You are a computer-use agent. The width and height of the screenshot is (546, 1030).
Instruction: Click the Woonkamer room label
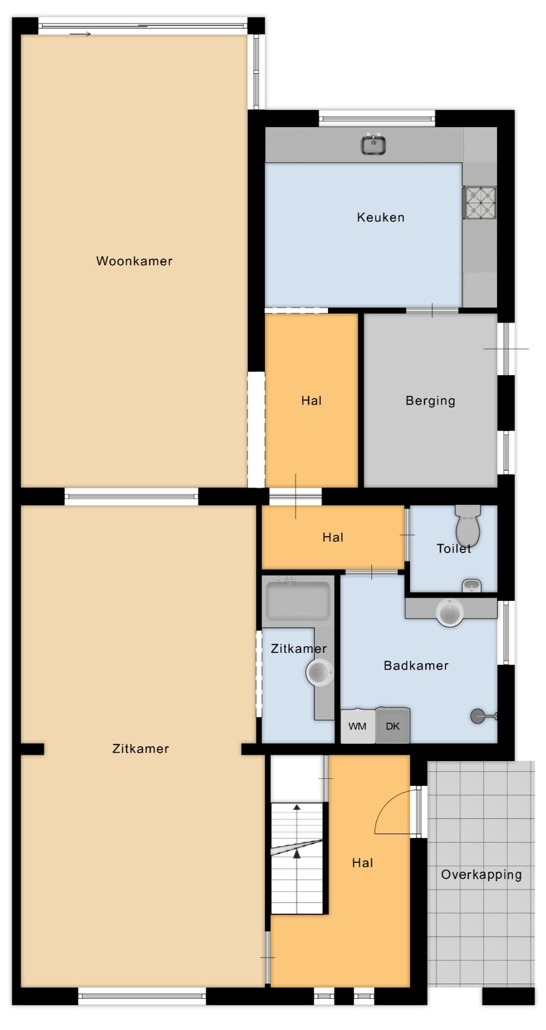point(134,261)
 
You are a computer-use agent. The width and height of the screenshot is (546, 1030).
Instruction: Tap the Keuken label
point(381,217)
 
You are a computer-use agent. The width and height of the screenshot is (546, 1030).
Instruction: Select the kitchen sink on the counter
point(372,144)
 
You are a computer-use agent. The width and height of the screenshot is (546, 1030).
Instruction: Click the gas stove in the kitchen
point(479,202)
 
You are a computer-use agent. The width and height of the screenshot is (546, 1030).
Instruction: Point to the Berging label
point(430,401)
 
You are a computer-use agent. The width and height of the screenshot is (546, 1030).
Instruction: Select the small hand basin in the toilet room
point(472,585)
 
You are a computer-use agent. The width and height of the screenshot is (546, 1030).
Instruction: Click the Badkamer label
point(416,665)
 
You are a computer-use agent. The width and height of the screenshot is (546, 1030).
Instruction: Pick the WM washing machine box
point(358,726)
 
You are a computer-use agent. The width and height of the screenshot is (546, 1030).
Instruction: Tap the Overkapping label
point(481,875)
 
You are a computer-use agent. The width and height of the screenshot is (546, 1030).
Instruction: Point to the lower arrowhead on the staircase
point(297,853)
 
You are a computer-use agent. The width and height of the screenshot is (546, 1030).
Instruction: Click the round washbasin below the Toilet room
point(449,612)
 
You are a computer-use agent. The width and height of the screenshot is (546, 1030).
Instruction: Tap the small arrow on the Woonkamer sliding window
point(80,34)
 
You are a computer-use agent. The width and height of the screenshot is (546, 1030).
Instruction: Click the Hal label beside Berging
point(311,401)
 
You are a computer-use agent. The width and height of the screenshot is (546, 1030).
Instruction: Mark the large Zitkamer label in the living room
point(140,748)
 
